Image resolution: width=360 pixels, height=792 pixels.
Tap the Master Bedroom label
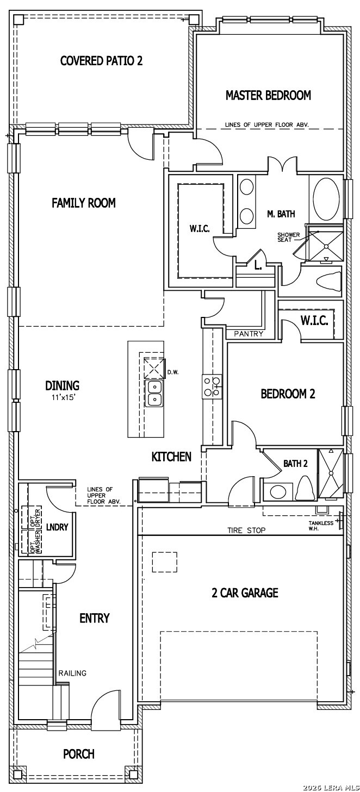tap(269, 95)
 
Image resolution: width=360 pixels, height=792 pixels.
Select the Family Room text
tap(84, 203)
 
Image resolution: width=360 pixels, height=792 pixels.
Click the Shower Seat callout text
tap(289, 237)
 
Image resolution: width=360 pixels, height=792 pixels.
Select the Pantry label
tap(249, 333)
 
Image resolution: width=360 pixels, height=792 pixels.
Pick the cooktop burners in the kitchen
tap(212, 386)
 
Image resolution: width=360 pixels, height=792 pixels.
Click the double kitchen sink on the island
tap(154, 394)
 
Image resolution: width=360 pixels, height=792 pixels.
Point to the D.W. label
tap(173, 372)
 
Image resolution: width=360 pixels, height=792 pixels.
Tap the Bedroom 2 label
tap(288, 394)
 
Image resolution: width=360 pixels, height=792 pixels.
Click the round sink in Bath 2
tap(277, 491)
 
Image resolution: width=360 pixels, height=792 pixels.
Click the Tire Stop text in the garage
tap(246, 530)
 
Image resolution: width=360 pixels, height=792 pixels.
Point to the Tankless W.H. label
tap(321, 526)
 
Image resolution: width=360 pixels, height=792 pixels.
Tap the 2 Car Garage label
tap(245, 593)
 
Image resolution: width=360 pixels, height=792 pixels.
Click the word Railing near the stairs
tap(72, 673)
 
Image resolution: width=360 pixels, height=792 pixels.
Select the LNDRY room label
tap(57, 527)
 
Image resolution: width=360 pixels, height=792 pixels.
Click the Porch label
tap(79, 754)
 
